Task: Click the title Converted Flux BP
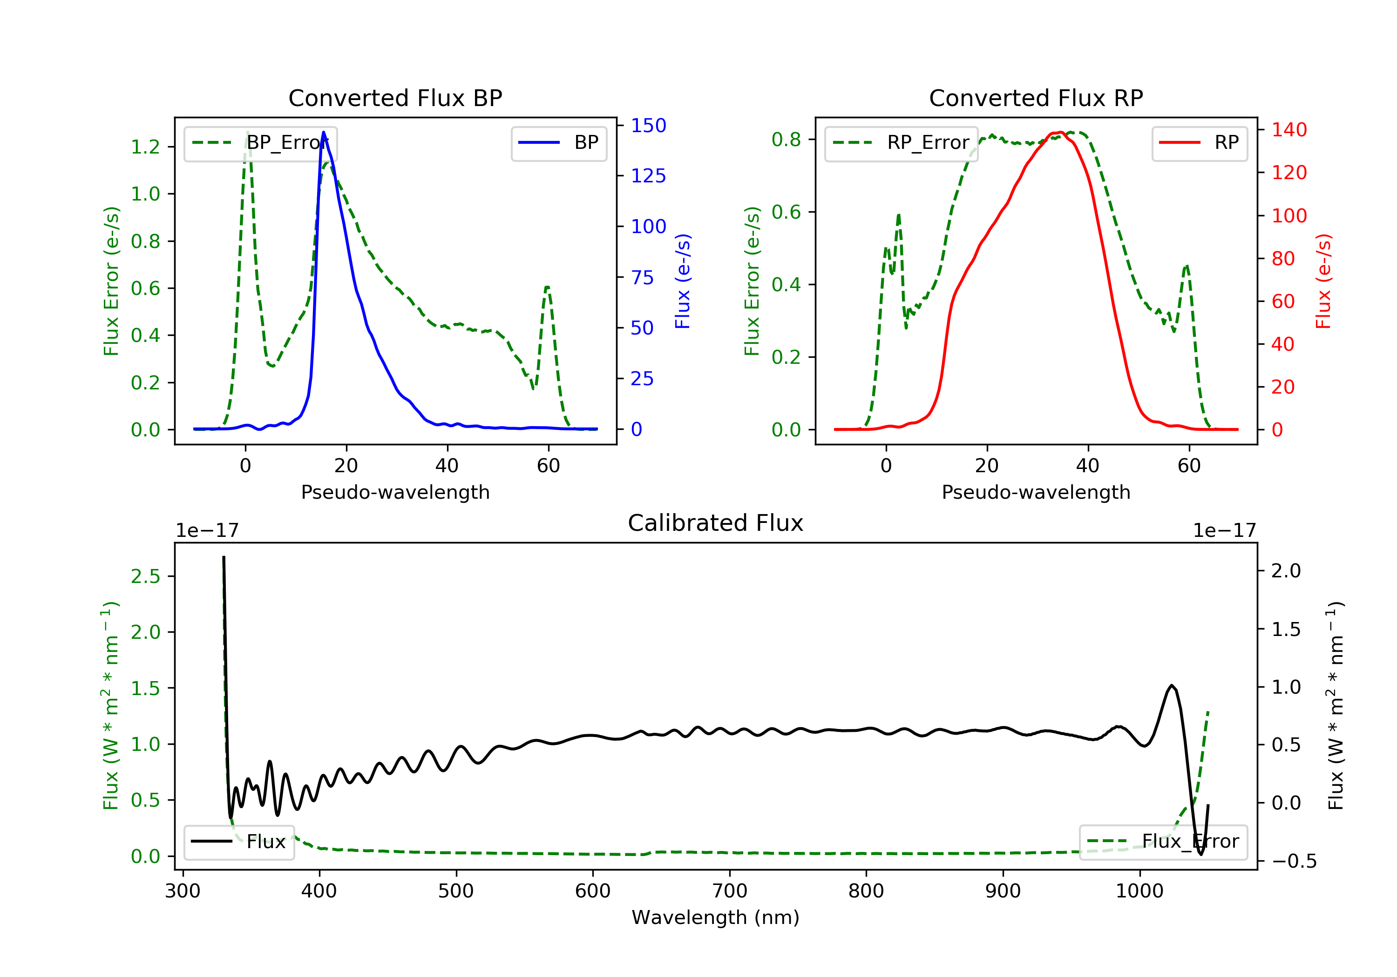[x=395, y=98]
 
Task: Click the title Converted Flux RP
[x=1036, y=98]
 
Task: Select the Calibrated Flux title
[x=716, y=523]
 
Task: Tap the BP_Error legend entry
[x=260, y=143]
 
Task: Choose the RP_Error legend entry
[x=901, y=143]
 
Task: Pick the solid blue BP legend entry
[x=558, y=143]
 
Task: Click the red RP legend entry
[x=1199, y=143]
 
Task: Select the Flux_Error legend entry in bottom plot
[x=1163, y=842]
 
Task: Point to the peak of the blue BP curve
[x=323, y=132]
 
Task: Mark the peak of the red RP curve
[x=1059, y=132]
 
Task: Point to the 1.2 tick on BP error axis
[x=145, y=147]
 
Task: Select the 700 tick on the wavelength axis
[x=730, y=891]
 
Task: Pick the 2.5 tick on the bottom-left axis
[x=145, y=576]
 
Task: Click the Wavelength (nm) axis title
[x=716, y=917]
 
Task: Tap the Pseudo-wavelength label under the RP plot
[x=1036, y=492]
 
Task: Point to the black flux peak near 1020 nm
[x=1171, y=686]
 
